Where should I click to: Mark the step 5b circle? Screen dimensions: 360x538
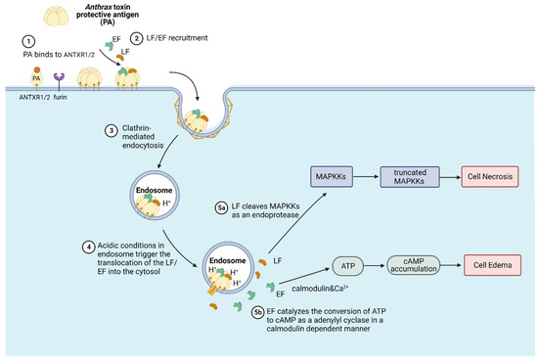[257, 312]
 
